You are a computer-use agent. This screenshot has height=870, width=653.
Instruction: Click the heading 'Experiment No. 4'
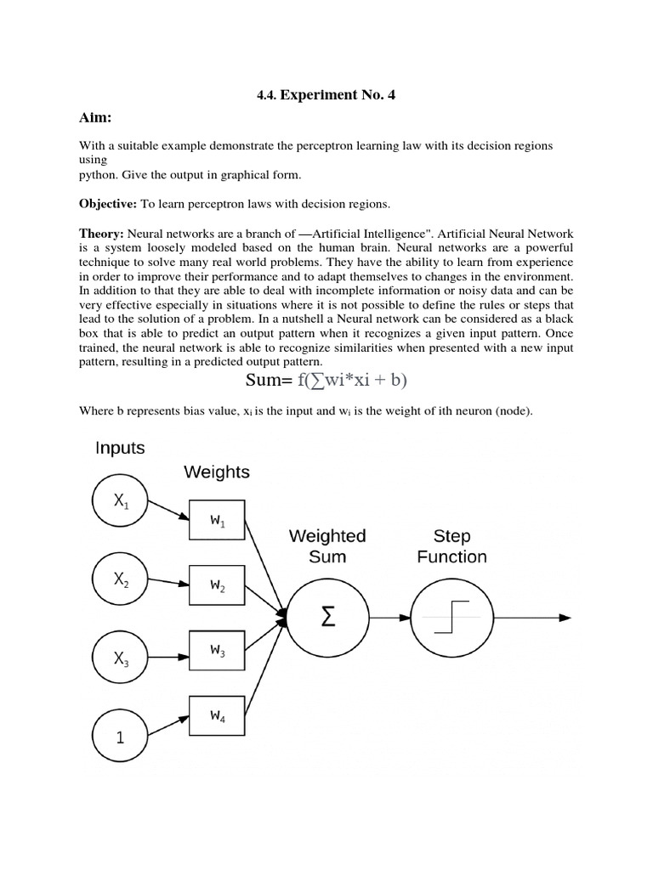326,95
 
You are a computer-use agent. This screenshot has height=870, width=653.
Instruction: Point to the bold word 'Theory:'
102,234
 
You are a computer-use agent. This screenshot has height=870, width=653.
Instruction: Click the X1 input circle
120,501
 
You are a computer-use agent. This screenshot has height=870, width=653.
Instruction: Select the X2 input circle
120,582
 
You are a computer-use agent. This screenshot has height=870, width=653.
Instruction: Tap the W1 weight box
218,521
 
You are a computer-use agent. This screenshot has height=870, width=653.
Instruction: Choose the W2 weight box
218,586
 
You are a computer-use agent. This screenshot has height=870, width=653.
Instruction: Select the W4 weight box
218,716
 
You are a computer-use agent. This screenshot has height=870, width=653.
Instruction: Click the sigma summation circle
327,618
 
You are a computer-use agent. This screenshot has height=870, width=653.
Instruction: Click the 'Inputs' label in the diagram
120,448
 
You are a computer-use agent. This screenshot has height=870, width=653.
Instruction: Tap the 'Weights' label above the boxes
217,472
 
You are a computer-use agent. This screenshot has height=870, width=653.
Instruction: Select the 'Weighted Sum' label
327,546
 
